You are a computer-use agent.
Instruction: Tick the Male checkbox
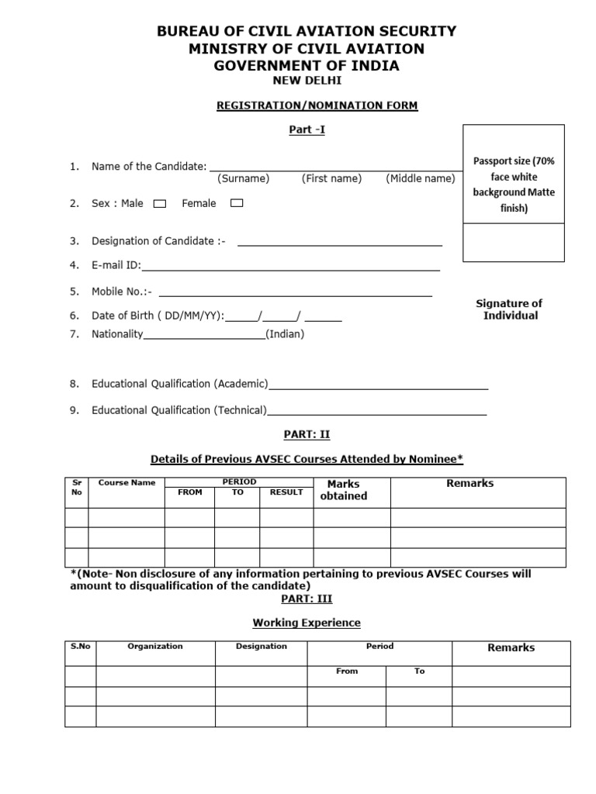[160, 204]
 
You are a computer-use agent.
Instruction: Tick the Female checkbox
[237, 203]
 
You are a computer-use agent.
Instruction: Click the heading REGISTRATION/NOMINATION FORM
[317, 105]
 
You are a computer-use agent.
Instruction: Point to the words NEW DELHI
[307, 81]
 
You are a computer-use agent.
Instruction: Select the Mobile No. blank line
[295, 295]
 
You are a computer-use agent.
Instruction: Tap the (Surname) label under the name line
[243, 178]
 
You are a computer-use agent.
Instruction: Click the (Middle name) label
[420, 178]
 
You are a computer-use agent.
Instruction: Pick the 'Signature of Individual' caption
[509, 309]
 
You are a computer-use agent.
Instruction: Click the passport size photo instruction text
[514, 185]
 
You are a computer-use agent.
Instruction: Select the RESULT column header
[286, 492]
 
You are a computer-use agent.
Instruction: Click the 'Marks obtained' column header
[343, 490]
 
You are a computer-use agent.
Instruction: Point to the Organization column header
[155, 646]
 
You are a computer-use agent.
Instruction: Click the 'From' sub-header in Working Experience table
[347, 671]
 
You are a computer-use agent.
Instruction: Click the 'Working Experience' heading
[307, 623]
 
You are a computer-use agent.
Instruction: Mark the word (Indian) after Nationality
[285, 334]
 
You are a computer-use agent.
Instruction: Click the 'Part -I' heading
[307, 129]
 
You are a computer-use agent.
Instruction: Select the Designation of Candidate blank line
[340, 244]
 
